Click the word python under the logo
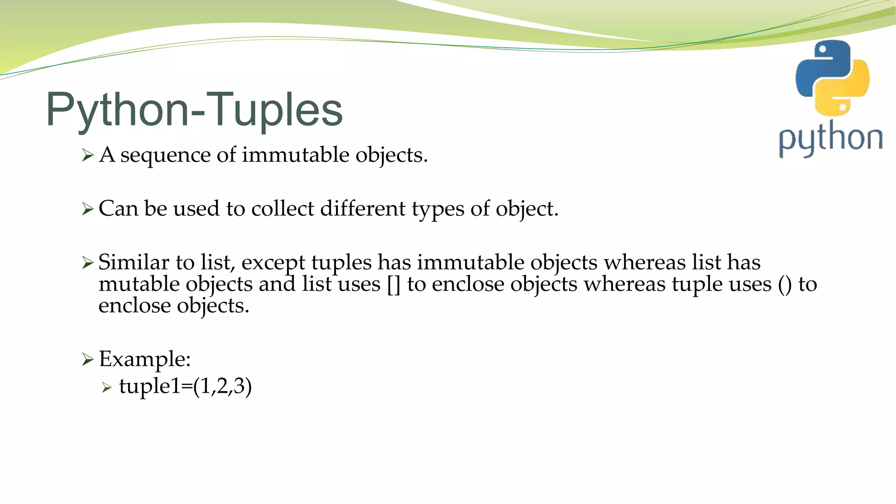click(830, 139)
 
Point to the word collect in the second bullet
click(283, 209)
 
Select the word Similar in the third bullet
click(133, 262)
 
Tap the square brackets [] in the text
click(394, 285)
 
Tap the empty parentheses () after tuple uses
click(785, 285)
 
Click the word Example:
click(145, 360)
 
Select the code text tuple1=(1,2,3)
click(185, 386)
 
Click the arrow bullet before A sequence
click(87, 155)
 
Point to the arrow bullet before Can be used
click(87, 209)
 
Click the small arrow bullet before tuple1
click(107, 387)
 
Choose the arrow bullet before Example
click(87, 360)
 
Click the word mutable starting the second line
click(139, 284)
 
